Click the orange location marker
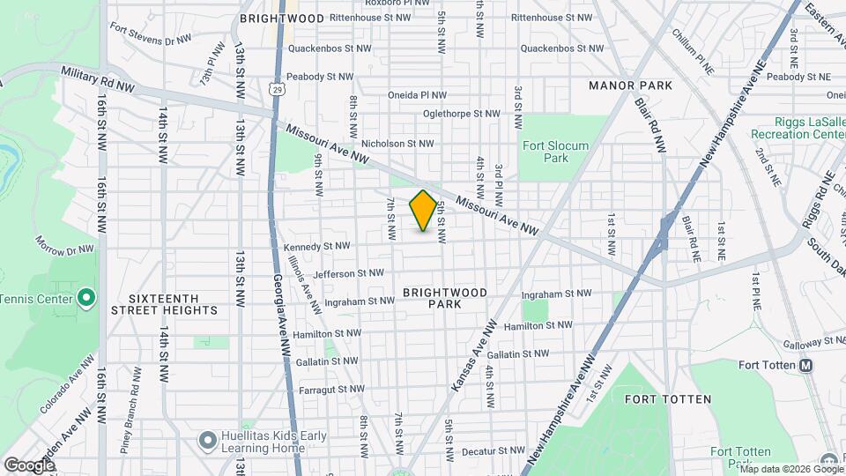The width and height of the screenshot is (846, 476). (x=423, y=211)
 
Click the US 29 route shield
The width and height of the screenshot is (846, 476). (x=277, y=90)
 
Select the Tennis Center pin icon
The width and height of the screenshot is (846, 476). (x=85, y=298)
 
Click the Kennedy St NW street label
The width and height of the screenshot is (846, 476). (x=317, y=246)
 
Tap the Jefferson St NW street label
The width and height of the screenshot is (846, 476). (x=349, y=273)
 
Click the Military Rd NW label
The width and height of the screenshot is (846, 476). (x=97, y=80)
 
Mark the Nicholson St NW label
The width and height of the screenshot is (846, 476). (x=397, y=143)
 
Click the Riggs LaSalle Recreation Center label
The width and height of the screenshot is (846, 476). (x=798, y=128)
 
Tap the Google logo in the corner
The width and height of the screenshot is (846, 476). (x=29, y=465)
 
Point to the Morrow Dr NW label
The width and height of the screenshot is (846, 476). (x=64, y=244)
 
